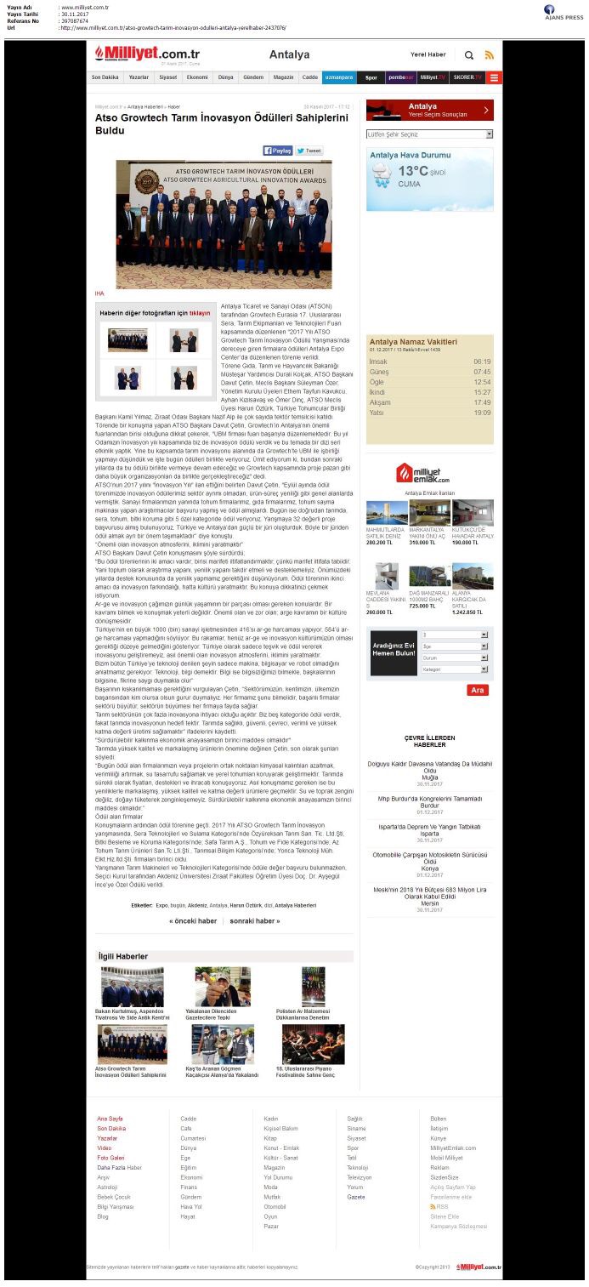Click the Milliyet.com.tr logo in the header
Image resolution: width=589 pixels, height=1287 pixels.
point(147,54)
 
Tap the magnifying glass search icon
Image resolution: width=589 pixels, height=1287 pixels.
point(469,55)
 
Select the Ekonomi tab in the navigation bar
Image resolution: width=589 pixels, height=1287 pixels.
point(197,77)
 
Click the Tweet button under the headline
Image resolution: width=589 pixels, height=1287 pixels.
point(309,151)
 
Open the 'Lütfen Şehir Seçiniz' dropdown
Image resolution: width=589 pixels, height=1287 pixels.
point(429,134)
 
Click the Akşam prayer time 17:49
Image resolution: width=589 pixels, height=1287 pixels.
point(481,402)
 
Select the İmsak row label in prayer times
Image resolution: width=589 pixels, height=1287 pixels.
point(378,362)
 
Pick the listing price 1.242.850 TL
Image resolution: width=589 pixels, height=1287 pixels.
point(471,612)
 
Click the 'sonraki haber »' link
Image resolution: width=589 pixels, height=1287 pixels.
point(255,920)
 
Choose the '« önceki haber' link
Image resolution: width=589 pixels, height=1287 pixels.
point(193,920)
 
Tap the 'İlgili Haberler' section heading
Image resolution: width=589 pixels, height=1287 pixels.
point(123,956)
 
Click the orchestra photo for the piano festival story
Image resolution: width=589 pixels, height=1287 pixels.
point(313,1045)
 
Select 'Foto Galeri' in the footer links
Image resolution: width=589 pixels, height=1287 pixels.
point(110,1158)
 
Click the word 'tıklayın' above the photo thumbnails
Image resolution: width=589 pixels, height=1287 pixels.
point(199,313)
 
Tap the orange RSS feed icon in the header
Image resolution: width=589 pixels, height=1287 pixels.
point(489,55)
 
